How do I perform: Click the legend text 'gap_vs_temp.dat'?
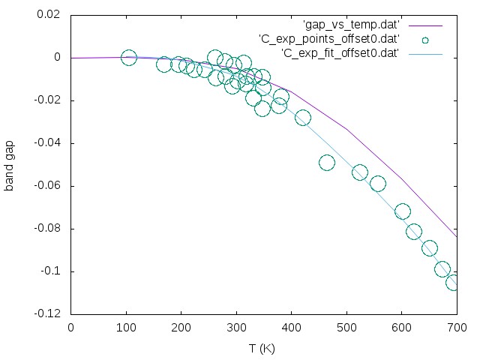[x=352, y=25]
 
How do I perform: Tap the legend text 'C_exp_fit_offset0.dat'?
[x=339, y=52]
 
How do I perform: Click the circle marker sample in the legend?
[x=426, y=39]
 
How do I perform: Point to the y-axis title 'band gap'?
[x=10, y=163]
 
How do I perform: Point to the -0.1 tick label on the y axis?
[x=51, y=271]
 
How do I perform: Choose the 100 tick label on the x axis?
[x=126, y=328]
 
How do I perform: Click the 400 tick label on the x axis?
[x=292, y=328]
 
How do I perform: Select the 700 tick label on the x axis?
[x=457, y=328]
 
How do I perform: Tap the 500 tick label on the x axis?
[x=346, y=328]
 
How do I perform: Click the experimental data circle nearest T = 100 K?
[x=129, y=58]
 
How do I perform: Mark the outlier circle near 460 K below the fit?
[x=327, y=163]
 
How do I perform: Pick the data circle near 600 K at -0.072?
[x=403, y=211]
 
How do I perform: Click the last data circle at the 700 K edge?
[x=454, y=283]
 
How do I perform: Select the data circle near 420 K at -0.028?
[x=303, y=118]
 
